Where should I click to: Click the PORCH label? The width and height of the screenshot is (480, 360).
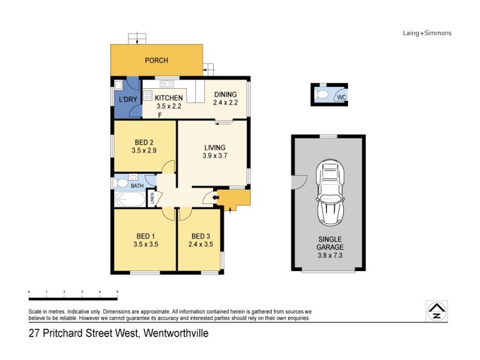(156, 61)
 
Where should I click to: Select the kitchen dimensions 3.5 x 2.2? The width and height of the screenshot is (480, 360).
(169, 106)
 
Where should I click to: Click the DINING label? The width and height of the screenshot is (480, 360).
(225, 94)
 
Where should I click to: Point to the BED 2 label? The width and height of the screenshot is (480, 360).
(144, 142)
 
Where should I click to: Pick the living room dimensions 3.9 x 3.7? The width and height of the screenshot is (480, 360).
(215, 156)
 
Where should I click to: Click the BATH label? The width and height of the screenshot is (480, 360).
(137, 186)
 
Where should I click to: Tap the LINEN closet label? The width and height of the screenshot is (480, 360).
(152, 199)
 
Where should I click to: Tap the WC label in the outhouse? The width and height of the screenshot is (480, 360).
(341, 97)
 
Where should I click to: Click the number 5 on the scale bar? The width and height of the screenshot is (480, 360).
(117, 292)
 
